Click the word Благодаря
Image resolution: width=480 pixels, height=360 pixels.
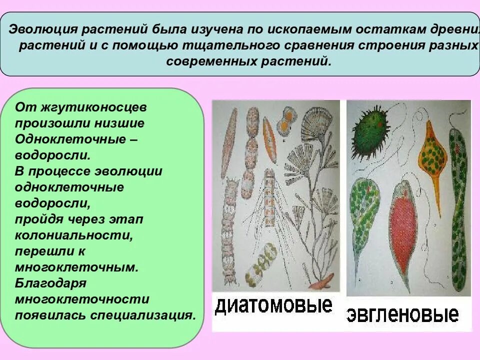51,283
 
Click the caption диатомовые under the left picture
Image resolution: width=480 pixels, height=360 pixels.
273,305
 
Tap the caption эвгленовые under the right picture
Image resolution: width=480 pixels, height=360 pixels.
403,314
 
